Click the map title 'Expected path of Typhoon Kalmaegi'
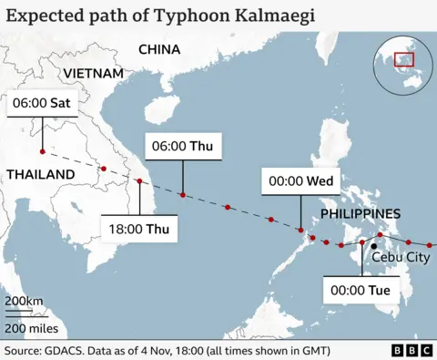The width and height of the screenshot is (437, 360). (137, 15)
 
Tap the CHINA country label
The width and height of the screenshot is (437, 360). (159, 49)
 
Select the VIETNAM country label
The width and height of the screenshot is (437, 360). (94, 73)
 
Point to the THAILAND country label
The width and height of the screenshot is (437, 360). (40, 174)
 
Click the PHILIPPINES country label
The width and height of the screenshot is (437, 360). (361, 213)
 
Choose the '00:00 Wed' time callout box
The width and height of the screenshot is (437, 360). (300, 181)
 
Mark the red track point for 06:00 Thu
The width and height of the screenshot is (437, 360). (183, 195)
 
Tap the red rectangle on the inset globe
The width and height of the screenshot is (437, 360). (402, 60)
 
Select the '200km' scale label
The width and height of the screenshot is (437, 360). (24, 302)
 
